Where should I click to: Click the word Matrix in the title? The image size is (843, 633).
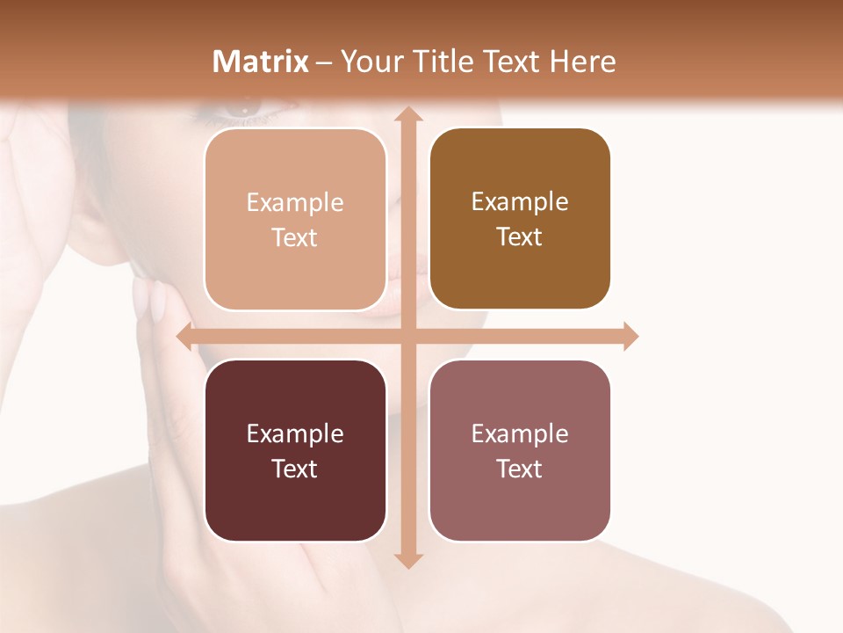click(x=260, y=62)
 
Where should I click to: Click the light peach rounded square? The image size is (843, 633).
click(x=295, y=220)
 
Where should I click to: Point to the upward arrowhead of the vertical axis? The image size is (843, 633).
click(x=407, y=115)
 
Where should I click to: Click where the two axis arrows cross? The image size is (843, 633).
click(x=407, y=337)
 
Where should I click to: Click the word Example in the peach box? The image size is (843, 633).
click(x=295, y=202)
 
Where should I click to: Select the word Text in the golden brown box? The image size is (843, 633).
click(x=520, y=237)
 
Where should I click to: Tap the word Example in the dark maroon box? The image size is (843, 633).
click(x=295, y=433)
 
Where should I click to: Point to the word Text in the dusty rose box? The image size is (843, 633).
click(x=520, y=469)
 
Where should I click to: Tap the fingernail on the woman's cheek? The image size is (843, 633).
click(x=157, y=303)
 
